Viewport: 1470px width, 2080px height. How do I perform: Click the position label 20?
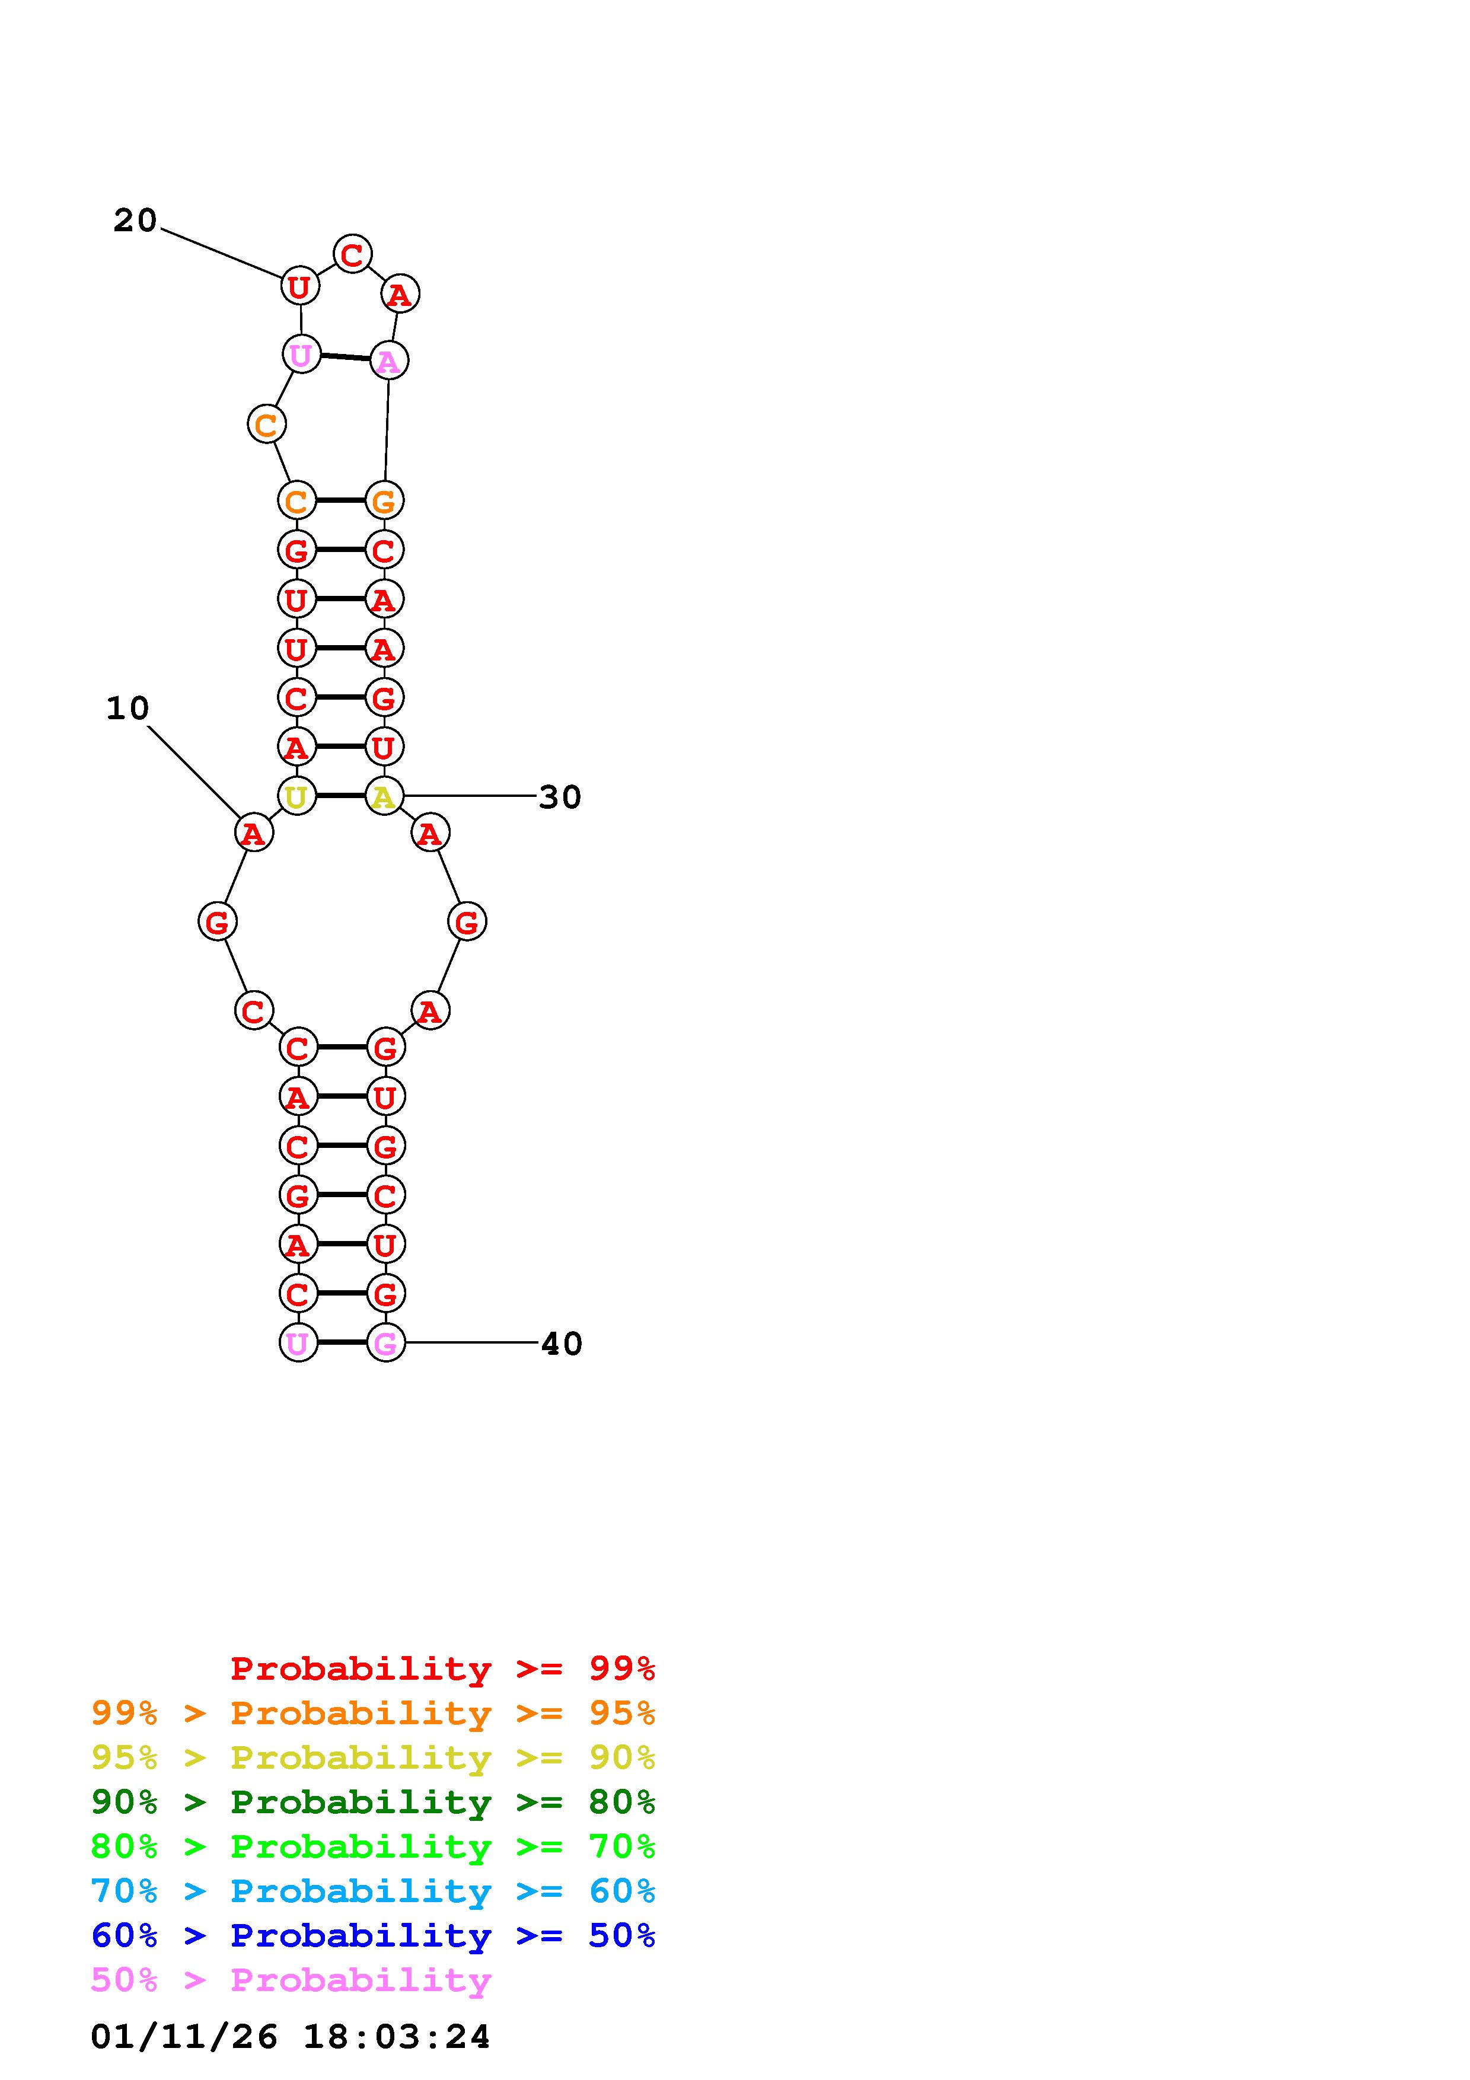(x=135, y=220)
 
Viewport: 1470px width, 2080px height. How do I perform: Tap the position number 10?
(x=127, y=709)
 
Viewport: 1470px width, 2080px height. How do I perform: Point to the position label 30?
(x=560, y=797)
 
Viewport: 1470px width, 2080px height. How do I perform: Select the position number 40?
(x=562, y=1344)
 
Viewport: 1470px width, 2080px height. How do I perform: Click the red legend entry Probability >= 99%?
(x=443, y=1668)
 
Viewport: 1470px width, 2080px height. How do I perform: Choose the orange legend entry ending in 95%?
(x=373, y=1712)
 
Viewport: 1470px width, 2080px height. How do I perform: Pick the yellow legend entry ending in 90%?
(x=373, y=1757)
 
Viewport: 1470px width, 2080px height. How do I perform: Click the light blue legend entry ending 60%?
(x=373, y=1891)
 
